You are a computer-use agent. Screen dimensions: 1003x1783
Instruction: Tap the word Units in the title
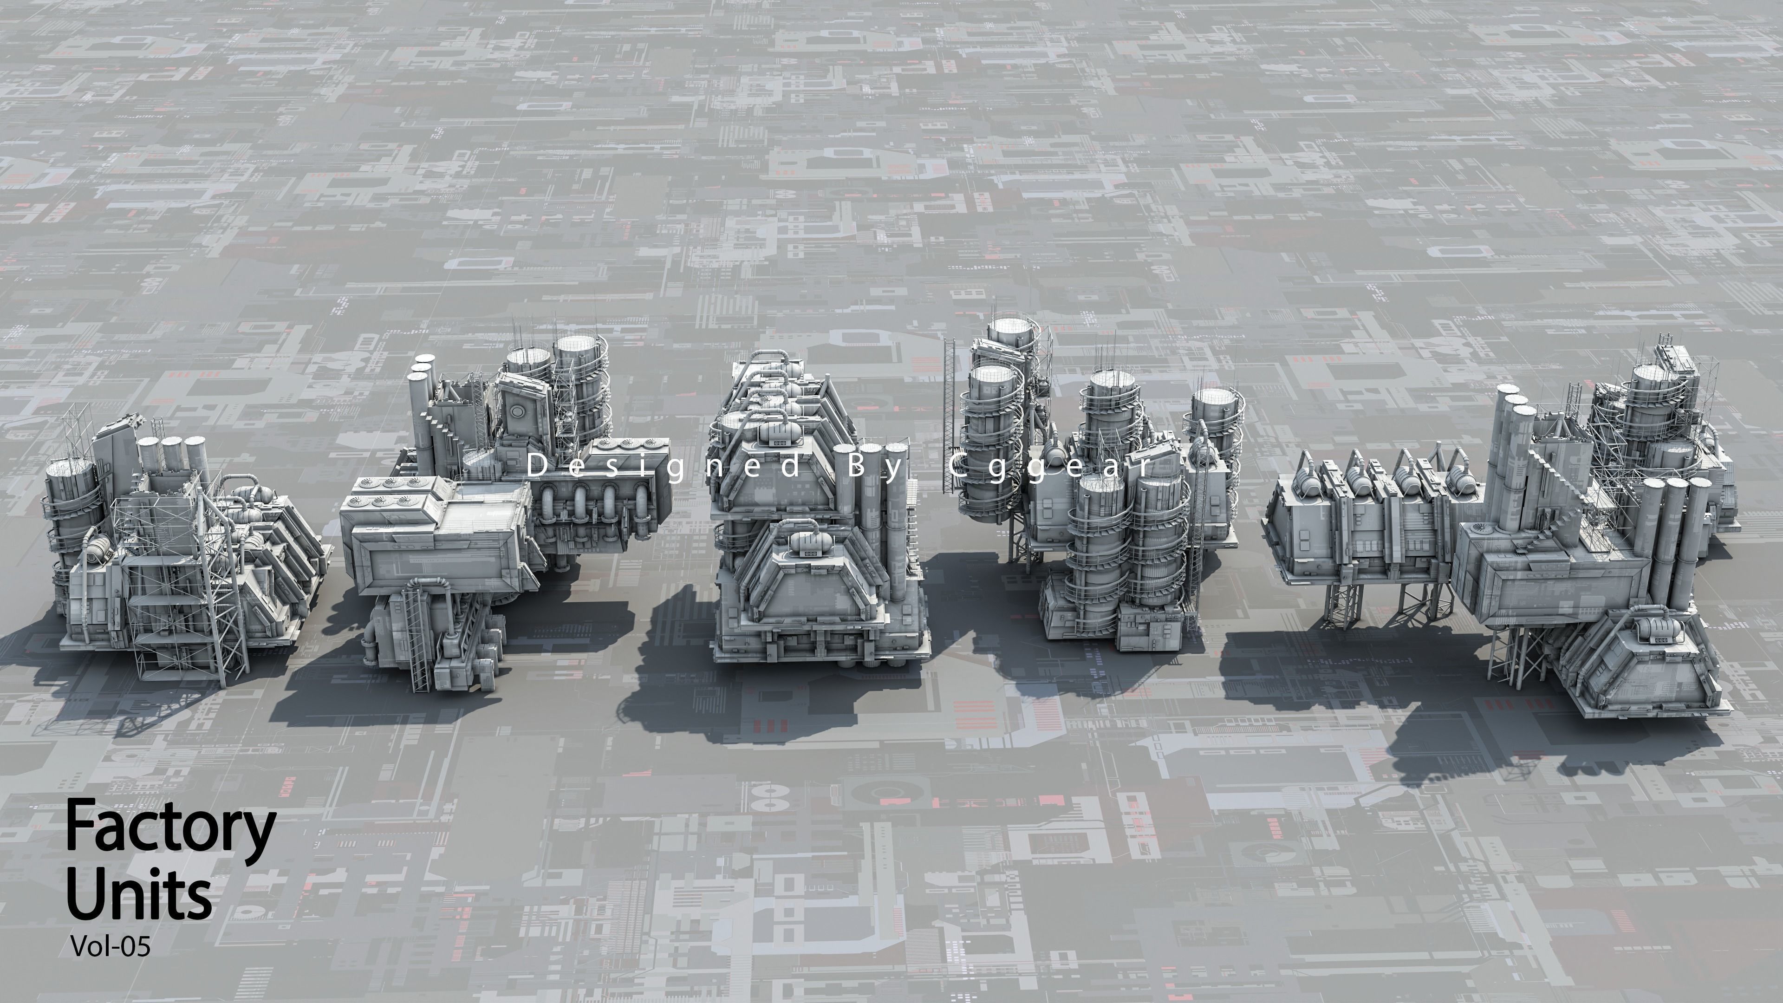(x=138, y=894)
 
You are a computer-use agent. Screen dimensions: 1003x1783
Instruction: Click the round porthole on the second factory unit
(x=516, y=411)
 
